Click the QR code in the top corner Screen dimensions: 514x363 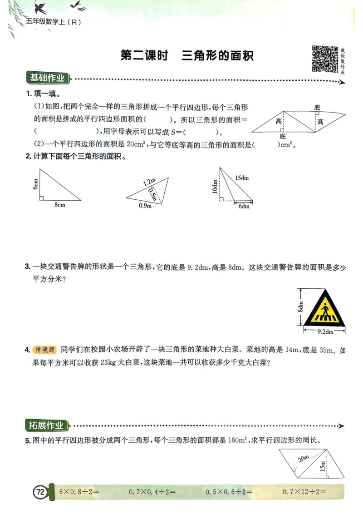[x=325, y=59]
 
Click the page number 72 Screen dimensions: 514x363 [x=40, y=491]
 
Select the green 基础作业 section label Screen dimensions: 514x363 [x=47, y=78]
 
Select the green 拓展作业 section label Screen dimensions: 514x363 [x=47, y=425]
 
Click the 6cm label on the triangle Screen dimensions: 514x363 [x=35, y=184]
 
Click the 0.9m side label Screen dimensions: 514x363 [x=145, y=206]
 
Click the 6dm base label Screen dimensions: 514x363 [x=244, y=206]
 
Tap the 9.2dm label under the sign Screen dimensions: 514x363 [x=324, y=332]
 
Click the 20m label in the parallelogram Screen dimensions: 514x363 [x=304, y=459]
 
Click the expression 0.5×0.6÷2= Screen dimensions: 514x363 [x=229, y=491]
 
